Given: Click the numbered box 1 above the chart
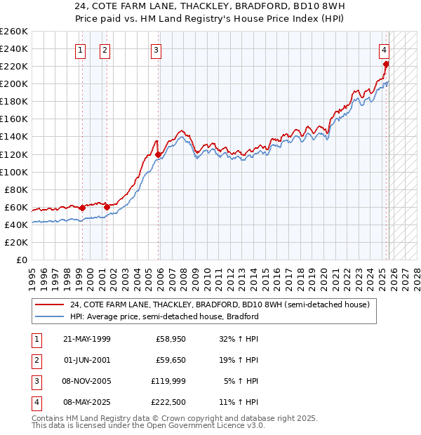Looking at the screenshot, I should (x=81, y=50).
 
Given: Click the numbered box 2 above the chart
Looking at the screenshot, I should (x=105, y=50).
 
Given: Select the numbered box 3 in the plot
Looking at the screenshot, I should (x=156, y=50).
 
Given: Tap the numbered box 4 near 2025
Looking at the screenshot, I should (x=385, y=50).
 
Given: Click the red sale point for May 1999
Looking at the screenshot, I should (x=82, y=208).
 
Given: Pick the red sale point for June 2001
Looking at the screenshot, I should (x=107, y=207).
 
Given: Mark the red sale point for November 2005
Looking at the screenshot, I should (x=159, y=154).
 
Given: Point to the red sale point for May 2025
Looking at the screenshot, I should (x=386, y=64).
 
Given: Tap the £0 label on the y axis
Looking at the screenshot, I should (x=21, y=260).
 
